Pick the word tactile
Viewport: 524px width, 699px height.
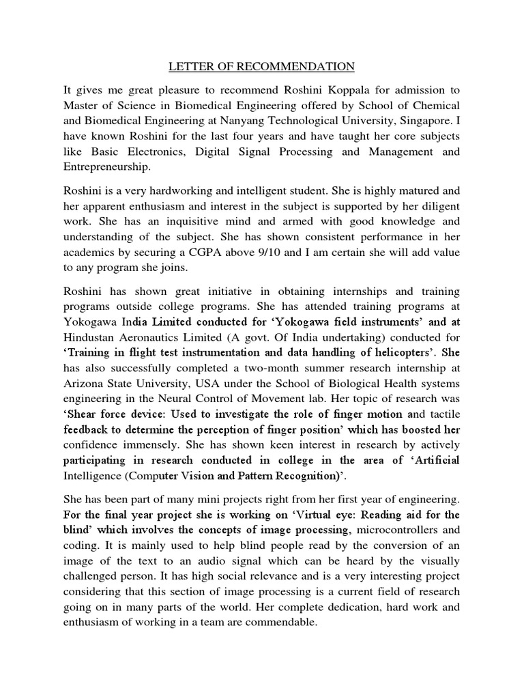pos(441,414)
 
